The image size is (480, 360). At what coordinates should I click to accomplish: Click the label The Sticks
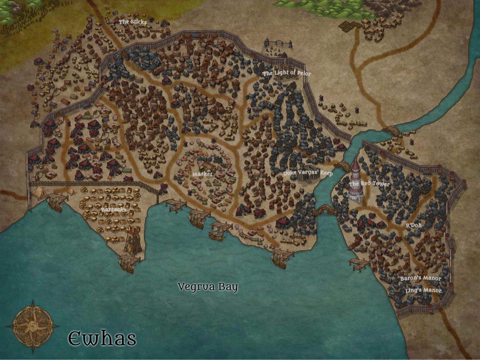point(133,22)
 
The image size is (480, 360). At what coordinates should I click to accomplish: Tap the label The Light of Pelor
point(287,73)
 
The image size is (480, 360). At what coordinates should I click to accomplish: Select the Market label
point(202,174)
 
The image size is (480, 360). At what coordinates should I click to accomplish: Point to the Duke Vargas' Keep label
point(308,174)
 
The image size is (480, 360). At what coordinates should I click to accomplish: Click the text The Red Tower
point(369,184)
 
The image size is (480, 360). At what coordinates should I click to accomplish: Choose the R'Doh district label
point(413,225)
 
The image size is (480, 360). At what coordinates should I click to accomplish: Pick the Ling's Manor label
point(423,290)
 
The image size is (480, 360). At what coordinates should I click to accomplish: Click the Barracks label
point(114,210)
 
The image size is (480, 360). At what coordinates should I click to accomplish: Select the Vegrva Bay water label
point(208,287)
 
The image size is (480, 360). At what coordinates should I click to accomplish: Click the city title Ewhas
point(102,339)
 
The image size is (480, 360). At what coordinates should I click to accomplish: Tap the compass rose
point(33,326)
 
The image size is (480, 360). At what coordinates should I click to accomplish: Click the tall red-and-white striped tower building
point(356,180)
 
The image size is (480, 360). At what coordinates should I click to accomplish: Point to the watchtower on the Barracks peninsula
point(133,240)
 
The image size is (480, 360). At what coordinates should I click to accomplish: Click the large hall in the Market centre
point(208,167)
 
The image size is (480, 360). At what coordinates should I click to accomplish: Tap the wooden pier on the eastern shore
point(359,264)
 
